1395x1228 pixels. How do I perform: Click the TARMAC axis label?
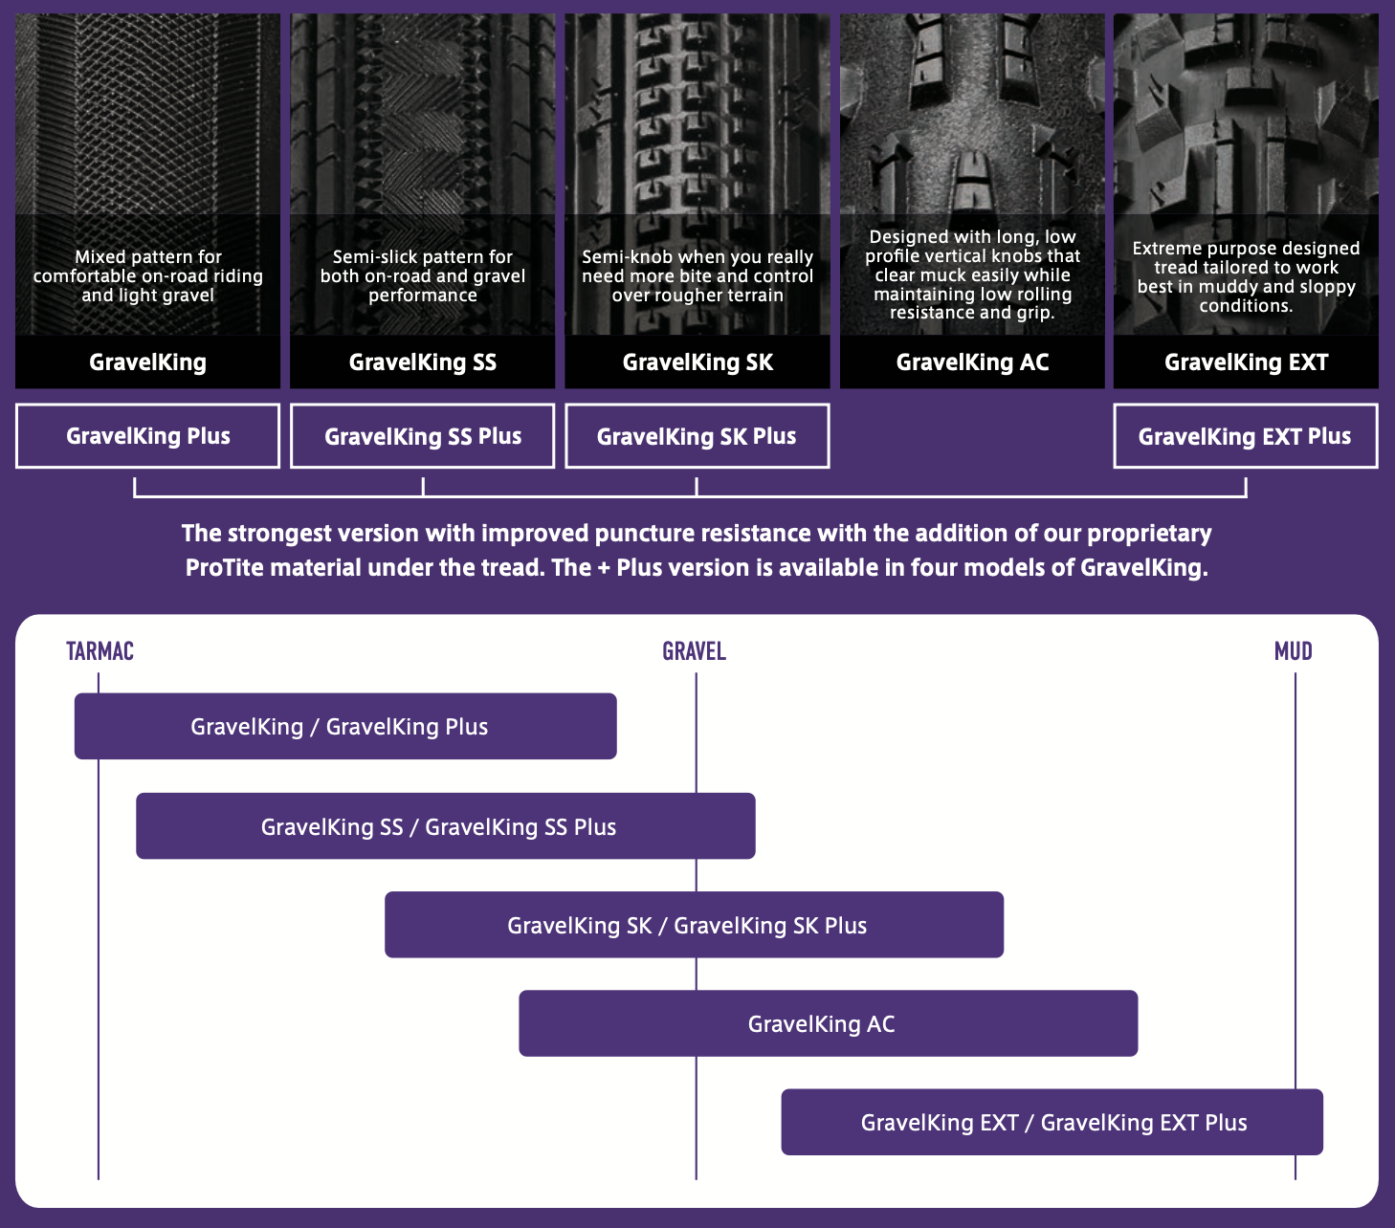coord(100,651)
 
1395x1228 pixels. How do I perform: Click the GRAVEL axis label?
coord(694,651)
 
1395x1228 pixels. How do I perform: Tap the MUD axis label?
coord(1293,651)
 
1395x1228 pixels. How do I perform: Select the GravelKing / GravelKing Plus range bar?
coord(345,726)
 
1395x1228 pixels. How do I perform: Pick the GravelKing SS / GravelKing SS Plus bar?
coord(446,826)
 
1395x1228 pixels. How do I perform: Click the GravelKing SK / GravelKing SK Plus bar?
coord(694,925)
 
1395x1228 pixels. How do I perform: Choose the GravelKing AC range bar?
coord(829,1023)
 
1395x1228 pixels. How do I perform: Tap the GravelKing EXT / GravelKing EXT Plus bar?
coord(1052,1122)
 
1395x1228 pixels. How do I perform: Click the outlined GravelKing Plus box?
coord(148,436)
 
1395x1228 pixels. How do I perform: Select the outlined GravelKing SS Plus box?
coord(423,436)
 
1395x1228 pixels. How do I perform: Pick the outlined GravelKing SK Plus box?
coord(697,436)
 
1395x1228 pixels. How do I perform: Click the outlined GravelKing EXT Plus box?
coord(1246,436)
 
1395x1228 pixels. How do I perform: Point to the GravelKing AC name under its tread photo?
coord(972,362)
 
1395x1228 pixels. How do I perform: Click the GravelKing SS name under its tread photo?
coord(423,362)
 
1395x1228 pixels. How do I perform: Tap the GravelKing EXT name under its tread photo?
coord(1247,362)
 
